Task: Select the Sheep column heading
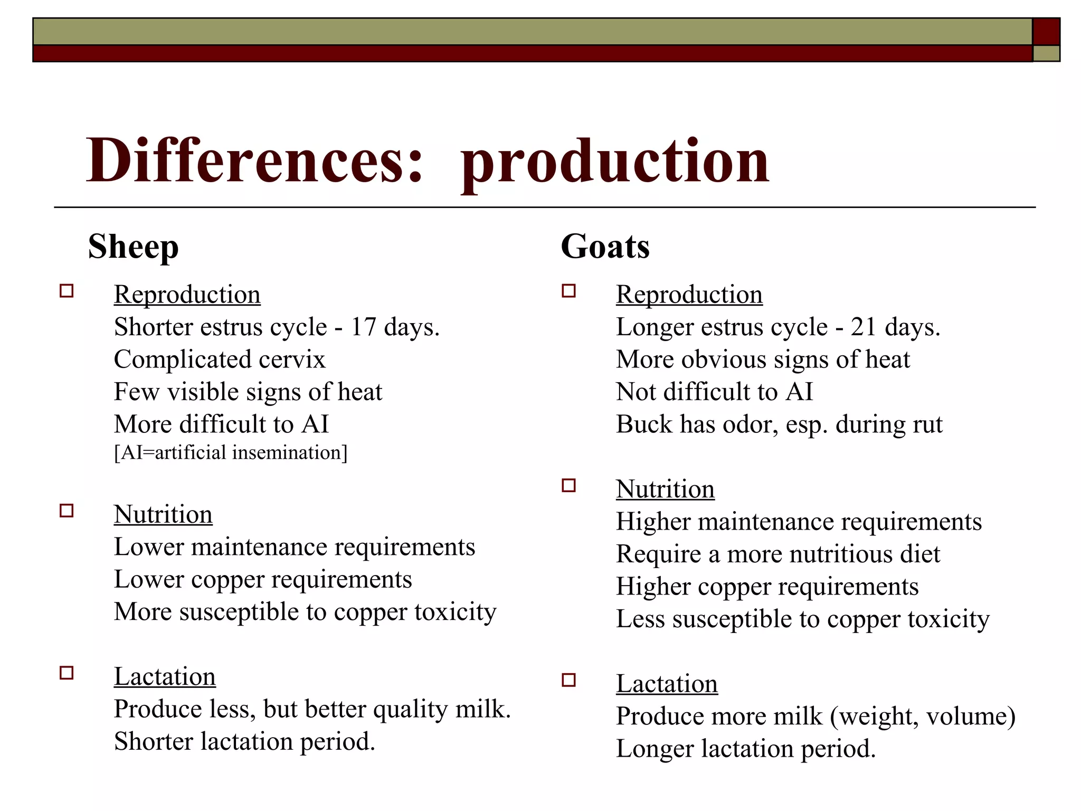point(133,247)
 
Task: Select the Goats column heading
point(605,247)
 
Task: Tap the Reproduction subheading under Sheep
point(187,294)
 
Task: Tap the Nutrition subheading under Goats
point(665,489)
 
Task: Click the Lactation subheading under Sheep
point(165,676)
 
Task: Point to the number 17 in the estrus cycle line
point(363,327)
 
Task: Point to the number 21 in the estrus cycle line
point(864,327)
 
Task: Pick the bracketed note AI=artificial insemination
point(231,452)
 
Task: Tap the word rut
point(927,425)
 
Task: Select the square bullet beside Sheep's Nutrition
point(67,511)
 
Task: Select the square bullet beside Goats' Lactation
point(568,680)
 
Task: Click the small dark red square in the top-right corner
point(1046,31)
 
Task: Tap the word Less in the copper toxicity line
point(640,619)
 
